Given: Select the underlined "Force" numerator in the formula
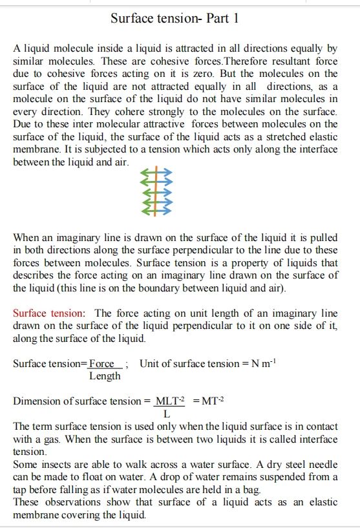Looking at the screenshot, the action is point(102,363).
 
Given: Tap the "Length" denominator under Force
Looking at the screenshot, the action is point(105,375).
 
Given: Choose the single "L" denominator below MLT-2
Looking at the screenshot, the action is point(167,413).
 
